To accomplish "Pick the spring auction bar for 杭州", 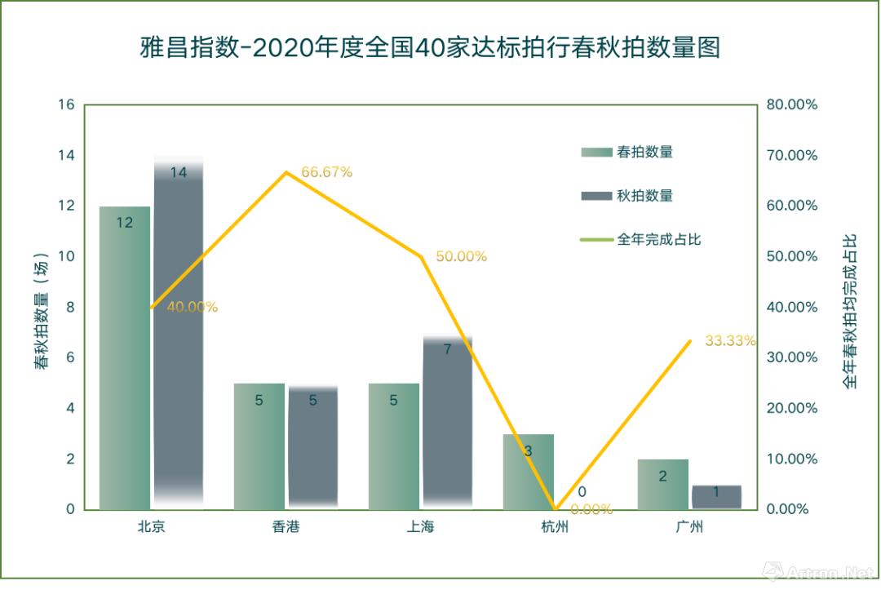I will coord(528,472).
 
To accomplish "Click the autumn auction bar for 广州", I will coord(716,497).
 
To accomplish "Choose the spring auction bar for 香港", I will coord(259,446).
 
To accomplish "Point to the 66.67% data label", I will coord(326,172).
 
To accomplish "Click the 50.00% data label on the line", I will coord(461,256).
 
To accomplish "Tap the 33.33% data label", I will coord(730,341).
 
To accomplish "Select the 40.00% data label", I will coord(193,308).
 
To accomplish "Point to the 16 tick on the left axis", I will coord(66,105).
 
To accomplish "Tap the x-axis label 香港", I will coord(286,527).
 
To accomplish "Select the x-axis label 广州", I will coord(689,527).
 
